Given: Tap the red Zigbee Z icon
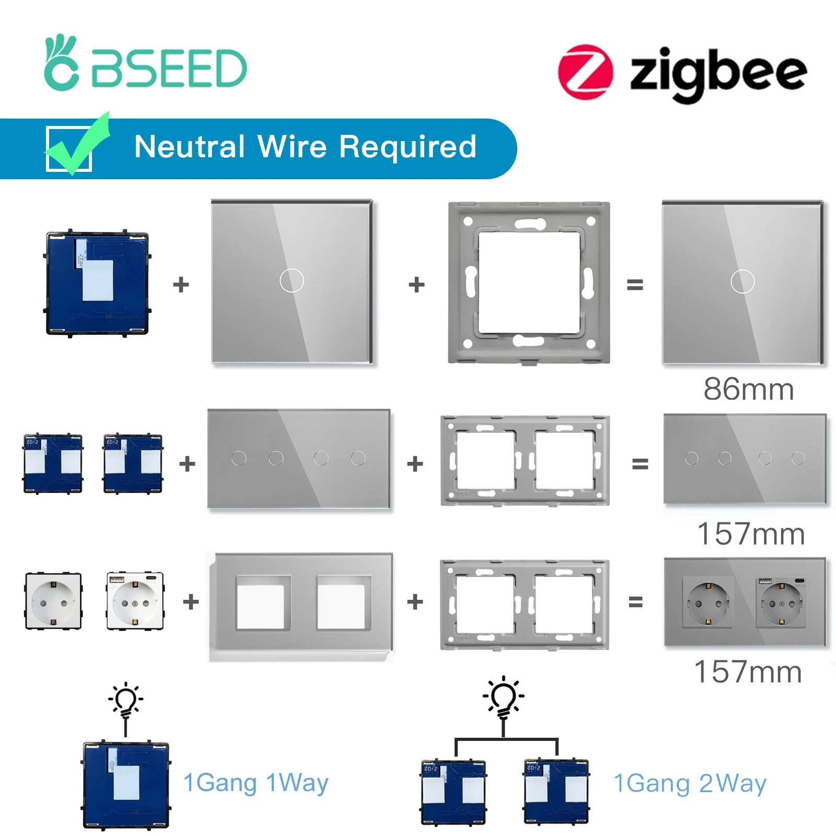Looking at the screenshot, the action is point(585,72).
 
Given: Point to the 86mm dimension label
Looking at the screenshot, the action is point(748,389).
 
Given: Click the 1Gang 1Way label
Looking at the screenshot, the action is point(256,783).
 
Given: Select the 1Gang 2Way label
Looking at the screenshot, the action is point(690,783).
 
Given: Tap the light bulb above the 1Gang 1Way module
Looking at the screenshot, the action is point(125,700).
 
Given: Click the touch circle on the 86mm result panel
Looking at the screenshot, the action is point(742,282).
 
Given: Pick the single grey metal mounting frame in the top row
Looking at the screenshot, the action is point(529,282).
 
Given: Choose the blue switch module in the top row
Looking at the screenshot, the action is point(97,283).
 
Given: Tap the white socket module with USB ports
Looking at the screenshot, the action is point(135,601).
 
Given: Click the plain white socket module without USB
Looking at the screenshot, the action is point(53,601).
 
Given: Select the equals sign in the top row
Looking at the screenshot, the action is point(635,285).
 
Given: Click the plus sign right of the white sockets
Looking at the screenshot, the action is point(191,602).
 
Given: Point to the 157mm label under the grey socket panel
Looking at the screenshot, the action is point(748,672).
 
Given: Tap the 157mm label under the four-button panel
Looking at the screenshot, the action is point(751,534).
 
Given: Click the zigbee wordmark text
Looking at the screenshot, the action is point(718,73).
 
